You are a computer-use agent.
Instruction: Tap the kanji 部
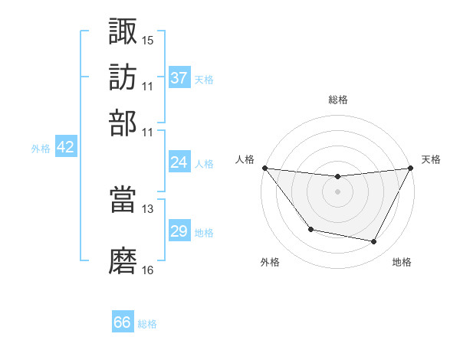123,123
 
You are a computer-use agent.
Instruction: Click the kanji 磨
123,260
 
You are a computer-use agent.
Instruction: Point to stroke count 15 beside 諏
148,40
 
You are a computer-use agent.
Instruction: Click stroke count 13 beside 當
148,208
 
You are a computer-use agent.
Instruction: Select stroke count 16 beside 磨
148,270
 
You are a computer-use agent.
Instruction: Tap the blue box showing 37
179,77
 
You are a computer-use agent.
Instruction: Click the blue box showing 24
179,162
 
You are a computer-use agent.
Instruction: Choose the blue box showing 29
179,231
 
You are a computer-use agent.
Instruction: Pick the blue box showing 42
65,148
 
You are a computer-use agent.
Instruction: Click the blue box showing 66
123,322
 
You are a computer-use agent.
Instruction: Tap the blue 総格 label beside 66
147,324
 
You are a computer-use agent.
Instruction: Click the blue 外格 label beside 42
41,149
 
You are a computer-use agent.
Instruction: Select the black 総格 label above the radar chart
338,100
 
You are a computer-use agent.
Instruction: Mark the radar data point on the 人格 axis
264,168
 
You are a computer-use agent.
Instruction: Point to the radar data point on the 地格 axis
374,242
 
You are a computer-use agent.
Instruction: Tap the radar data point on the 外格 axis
310,229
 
